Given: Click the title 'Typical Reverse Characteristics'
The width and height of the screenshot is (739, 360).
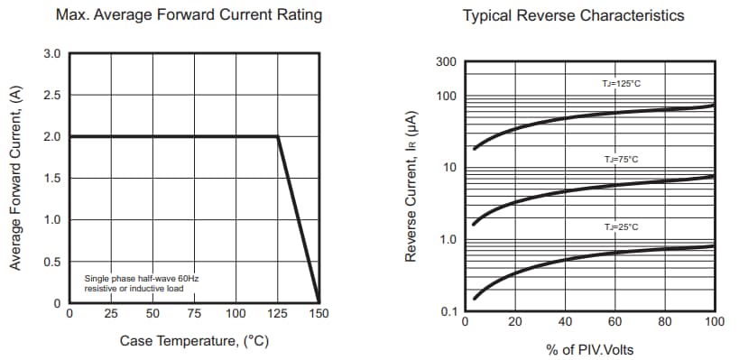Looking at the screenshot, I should tap(573, 15).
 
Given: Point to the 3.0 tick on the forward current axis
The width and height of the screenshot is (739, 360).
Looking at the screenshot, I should tap(52, 54).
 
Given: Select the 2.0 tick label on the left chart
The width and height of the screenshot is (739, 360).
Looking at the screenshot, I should tap(52, 137).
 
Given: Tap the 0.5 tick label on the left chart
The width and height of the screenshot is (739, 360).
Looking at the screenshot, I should tap(52, 263).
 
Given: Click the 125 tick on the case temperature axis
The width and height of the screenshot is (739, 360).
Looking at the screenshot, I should tap(277, 314).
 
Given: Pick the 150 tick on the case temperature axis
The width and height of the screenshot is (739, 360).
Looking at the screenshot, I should tap(319, 314).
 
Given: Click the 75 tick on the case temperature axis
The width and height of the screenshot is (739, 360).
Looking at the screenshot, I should tap(194, 314).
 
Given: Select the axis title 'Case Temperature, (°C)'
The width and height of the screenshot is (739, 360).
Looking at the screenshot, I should tap(194, 341).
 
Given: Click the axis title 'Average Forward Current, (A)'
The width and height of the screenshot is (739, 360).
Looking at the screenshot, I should tap(15, 179).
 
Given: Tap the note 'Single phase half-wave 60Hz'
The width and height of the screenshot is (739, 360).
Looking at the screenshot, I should tap(142, 279).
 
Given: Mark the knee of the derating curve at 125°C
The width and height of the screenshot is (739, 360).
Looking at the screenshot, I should tap(277, 136).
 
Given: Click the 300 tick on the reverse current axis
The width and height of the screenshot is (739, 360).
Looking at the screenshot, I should tap(447, 62).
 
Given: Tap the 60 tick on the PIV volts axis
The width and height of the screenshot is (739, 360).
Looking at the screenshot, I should tap(614, 321).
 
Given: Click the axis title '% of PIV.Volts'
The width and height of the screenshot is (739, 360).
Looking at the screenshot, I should tap(590, 348).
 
